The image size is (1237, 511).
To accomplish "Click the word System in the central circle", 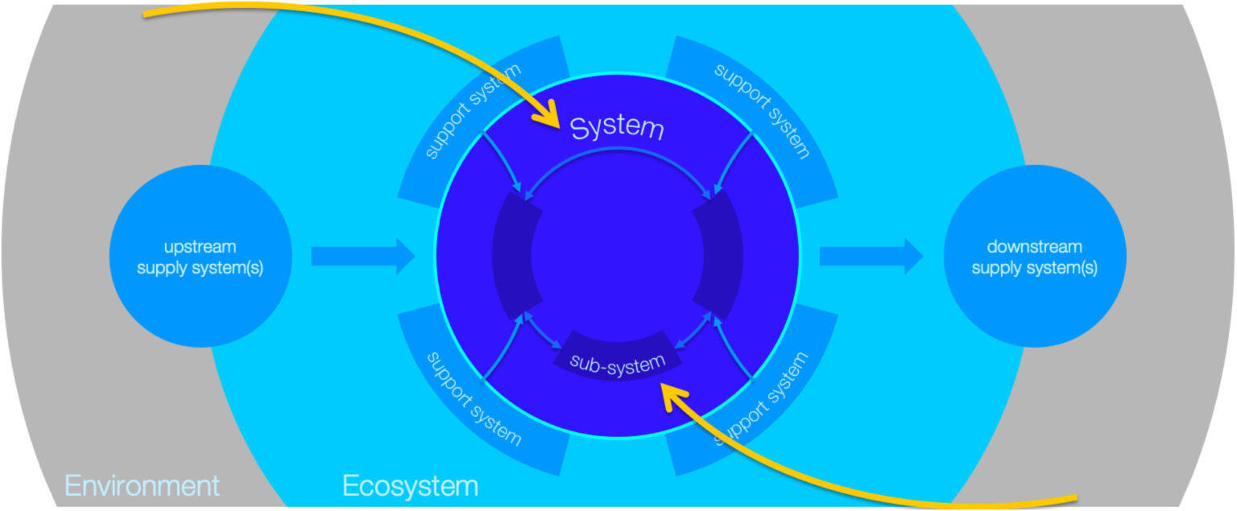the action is [x=617, y=128].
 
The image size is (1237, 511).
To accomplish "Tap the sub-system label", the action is [x=618, y=365].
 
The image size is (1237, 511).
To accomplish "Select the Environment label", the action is [x=142, y=485].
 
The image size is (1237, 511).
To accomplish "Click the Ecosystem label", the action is [x=410, y=485].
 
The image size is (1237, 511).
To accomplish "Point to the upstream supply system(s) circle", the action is [x=201, y=256].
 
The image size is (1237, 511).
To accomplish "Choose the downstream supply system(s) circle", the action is [x=1035, y=256].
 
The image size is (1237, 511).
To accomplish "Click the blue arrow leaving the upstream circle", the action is [x=363, y=256].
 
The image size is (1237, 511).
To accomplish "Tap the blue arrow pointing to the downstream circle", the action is [x=871, y=256].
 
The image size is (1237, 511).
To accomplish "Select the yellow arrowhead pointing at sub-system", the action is [x=674, y=396].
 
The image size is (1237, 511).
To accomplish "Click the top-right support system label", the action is [x=762, y=111].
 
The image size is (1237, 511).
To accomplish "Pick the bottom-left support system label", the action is [x=474, y=399].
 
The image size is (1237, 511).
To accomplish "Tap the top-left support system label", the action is [x=473, y=111].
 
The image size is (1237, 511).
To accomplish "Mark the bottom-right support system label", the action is [x=761, y=398].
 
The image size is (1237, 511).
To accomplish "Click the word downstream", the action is [x=1034, y=246].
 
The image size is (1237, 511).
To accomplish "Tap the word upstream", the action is [x=200, y=246].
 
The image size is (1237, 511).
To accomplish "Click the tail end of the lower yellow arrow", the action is [x=1076, y=499].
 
